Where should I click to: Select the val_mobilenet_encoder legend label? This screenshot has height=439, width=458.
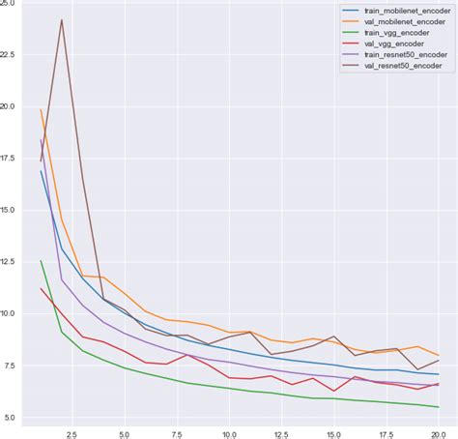pyautogui.click(x=395, y=22)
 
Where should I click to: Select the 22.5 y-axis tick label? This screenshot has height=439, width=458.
pyautogui.click(x=10, y=55)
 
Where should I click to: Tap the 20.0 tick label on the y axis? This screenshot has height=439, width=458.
pyautogui.click(x=10, y=106)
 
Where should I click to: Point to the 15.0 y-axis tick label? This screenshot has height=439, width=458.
pyautogui.click(x=10, y=210)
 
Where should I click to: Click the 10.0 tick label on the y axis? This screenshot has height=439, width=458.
pyautogui.click(x=10, y=313)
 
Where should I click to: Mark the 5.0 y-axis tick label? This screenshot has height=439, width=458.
pyautogui.click(x=10, y=417)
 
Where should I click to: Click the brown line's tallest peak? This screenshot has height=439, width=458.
pyautogui.click(x=62, y=19)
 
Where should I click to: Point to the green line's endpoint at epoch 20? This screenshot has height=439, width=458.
pyautogui.click(x=438, y=407)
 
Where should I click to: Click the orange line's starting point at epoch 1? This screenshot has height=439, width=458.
pyautogui.click(x=41, y=109)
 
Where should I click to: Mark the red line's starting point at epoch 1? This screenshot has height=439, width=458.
pyautogui.click(x=41, y=288)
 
